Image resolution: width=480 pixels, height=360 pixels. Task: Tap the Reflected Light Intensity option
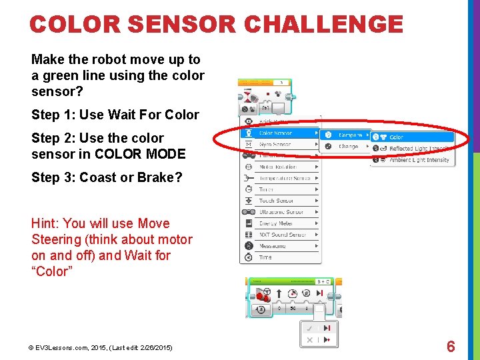click(419, 149)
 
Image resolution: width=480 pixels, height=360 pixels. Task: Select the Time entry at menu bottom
click(265, 257)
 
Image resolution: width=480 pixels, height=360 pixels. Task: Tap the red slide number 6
click(451, 347)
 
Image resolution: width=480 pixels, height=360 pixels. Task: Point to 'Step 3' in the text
click(53, 178)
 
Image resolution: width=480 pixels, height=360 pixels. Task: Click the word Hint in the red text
click(46, 223)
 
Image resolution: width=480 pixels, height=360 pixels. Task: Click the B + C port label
click(324, 282)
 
